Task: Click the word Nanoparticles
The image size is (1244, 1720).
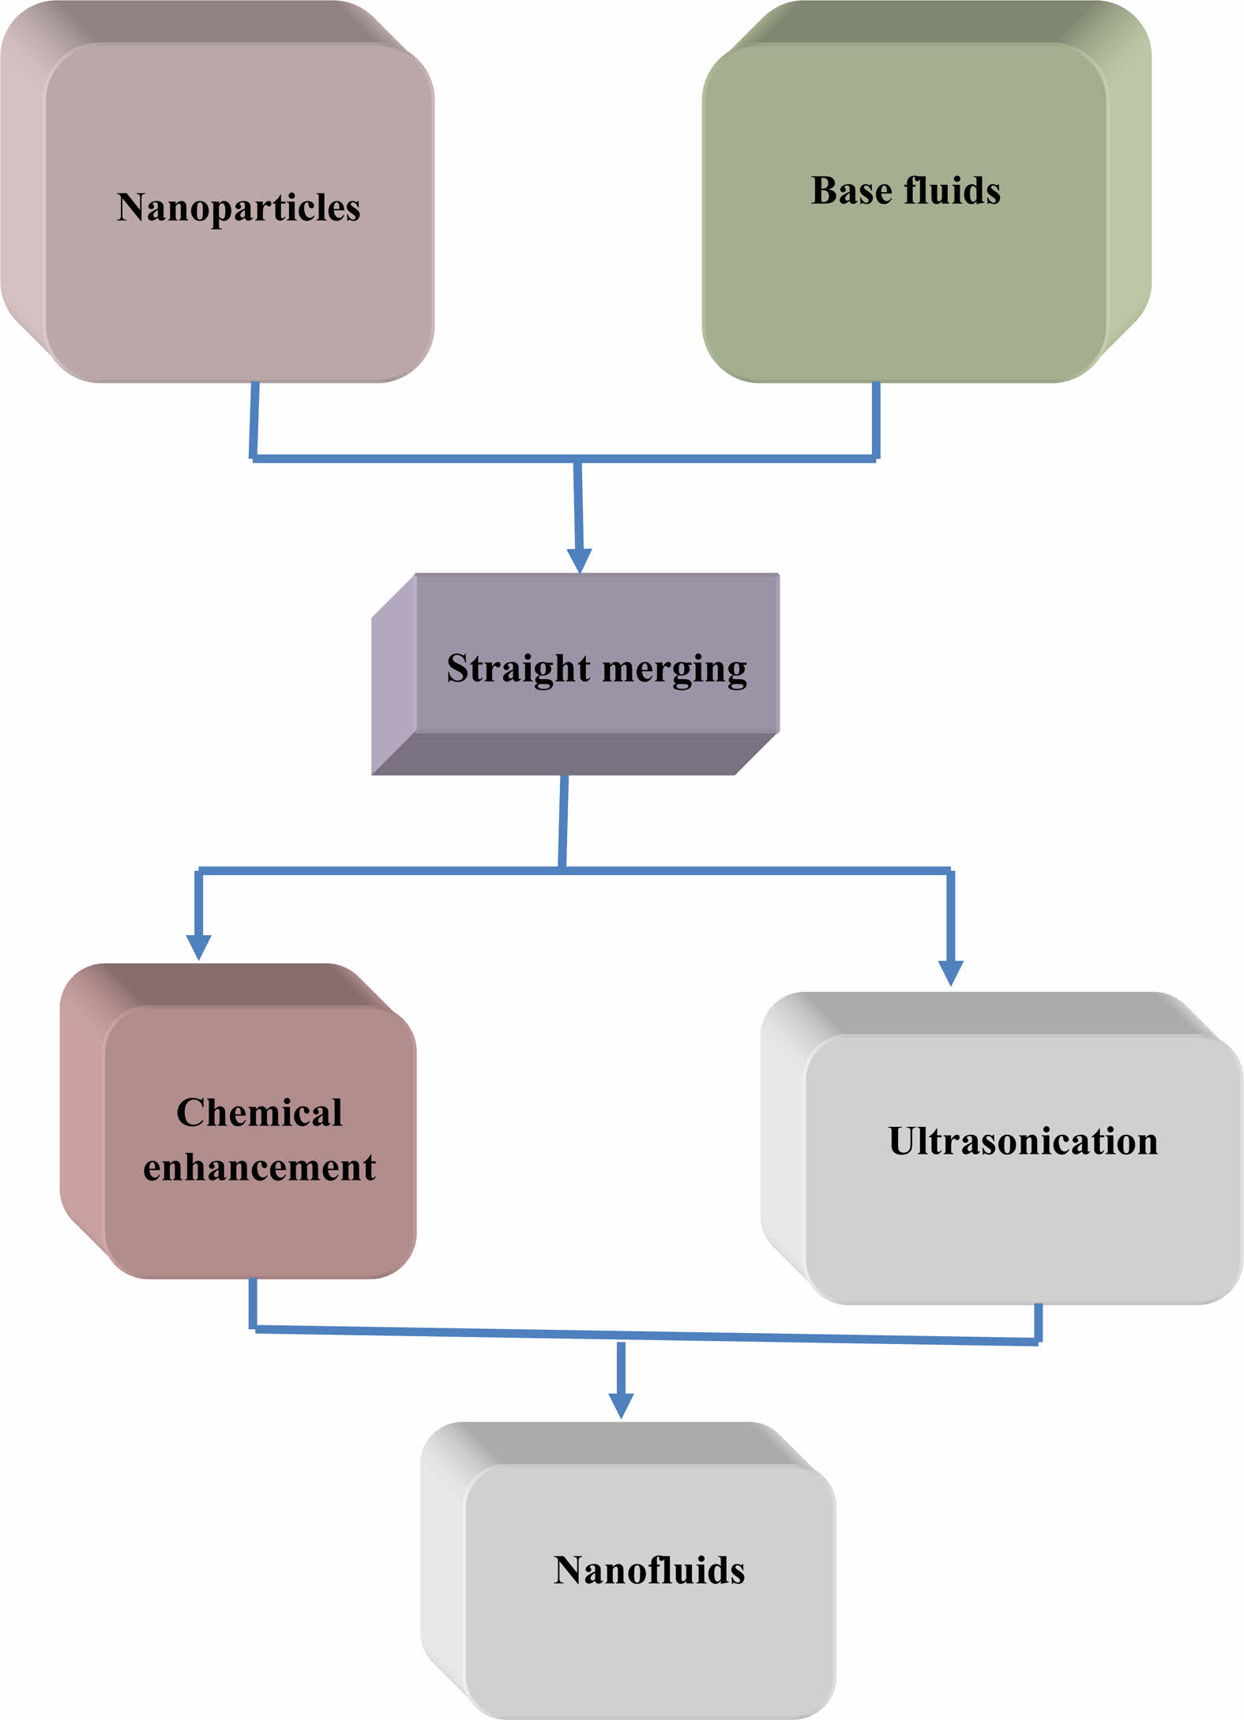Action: click(239, 208)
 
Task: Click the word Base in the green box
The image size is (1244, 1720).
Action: click(851, 190)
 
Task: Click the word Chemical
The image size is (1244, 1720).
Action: click(259, 1113)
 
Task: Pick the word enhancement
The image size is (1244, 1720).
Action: click(259, 1167)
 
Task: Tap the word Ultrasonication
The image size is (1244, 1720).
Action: click(1023, 1141)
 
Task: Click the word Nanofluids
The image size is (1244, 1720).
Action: click(649, 1570)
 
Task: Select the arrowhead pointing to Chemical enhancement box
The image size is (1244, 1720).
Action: click(198, 946)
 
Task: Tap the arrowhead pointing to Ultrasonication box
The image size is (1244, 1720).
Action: click(950, 972)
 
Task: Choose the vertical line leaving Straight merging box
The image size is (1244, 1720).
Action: click(563, 821)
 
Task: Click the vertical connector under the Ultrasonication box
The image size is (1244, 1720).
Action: click(1038, 1322)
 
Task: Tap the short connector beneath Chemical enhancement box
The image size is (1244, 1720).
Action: click(253, 1304)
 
